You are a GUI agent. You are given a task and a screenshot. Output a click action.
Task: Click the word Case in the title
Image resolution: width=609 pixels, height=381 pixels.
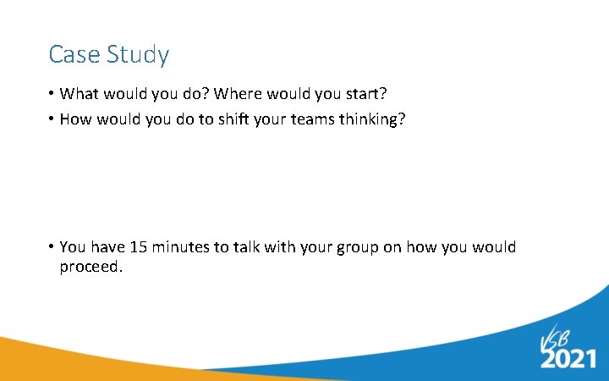click(71, 55)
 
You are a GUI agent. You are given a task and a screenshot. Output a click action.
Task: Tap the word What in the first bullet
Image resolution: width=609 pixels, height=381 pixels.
click(79, 94)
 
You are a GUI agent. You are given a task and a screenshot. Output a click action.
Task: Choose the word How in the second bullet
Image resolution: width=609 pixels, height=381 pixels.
click(75, 119)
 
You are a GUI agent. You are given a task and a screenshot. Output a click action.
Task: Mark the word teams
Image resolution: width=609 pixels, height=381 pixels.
click(312, 119)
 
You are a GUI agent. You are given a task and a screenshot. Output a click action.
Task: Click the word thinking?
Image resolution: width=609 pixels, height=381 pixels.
click(372, 119)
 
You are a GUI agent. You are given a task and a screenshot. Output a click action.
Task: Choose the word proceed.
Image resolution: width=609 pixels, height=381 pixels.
click(91, 268)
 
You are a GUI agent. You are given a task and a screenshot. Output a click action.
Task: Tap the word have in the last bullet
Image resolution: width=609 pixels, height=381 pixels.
click(107, 247)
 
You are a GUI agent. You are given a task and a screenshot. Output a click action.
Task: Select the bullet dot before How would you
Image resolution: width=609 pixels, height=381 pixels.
click(52, 119)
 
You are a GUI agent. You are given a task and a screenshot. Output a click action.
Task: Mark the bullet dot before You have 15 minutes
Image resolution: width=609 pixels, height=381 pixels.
click(52, 247)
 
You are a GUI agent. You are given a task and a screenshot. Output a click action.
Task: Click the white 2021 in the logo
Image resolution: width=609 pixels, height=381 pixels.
click(569, 358)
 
